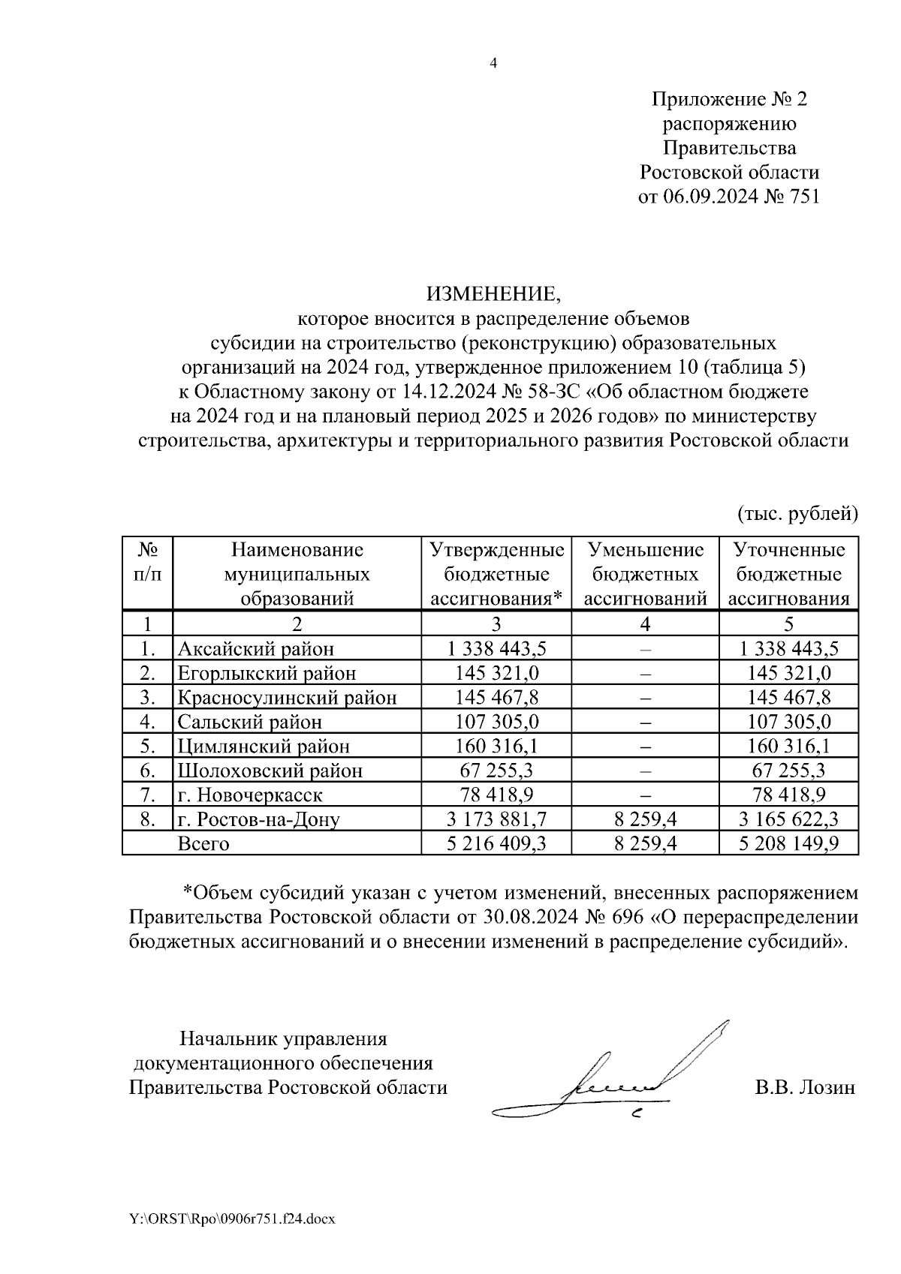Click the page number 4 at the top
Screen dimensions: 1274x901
coord(493,64)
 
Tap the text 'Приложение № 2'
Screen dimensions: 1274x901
coord(729,99)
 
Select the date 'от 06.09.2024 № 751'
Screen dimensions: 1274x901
coord(729,197)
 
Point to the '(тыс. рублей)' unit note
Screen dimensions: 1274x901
coord(797,513)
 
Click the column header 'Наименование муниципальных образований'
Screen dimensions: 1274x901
coord(297,574)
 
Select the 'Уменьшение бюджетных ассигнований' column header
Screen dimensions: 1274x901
coord(645,574)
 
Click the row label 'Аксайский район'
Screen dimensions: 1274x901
coord(255,648)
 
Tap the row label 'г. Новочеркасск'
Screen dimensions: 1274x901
coord(250,795)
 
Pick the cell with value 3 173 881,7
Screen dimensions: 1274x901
coord(496,819)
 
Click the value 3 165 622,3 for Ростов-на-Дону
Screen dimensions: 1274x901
coord(788,819)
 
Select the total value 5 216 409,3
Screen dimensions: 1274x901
coord(496,843)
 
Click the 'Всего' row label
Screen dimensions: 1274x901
coord(203,843)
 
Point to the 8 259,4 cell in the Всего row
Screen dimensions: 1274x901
coord(645,843)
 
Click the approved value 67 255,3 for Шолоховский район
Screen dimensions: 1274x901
coord(496,771)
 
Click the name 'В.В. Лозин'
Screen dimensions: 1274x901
coord(804,1087)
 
